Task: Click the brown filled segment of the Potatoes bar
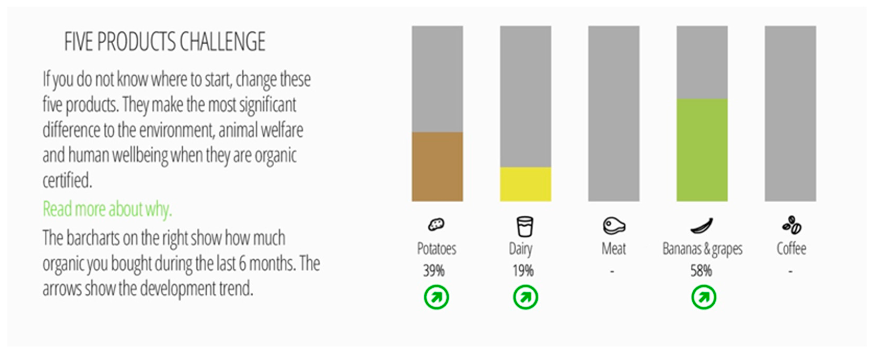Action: pos(437,167)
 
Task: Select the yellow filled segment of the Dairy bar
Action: pos(526,184)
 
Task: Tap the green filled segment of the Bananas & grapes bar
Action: pos(702,150)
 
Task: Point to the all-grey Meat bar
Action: pos(614,113)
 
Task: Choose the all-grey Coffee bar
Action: pos(790,113)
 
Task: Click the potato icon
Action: pos(436,224)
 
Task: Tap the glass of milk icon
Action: pos(525,226)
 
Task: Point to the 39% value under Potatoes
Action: pos(434,271)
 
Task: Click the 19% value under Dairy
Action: pos(523,271)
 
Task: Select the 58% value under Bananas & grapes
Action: pos(701,271)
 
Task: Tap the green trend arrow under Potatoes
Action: pos(436,297)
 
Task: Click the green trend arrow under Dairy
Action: pos(525,297)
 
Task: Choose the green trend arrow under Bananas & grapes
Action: pos(704,297)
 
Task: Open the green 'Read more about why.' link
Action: pos(107,209)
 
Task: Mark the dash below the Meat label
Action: pos(612,271)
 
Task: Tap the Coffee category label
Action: pos(791,249)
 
